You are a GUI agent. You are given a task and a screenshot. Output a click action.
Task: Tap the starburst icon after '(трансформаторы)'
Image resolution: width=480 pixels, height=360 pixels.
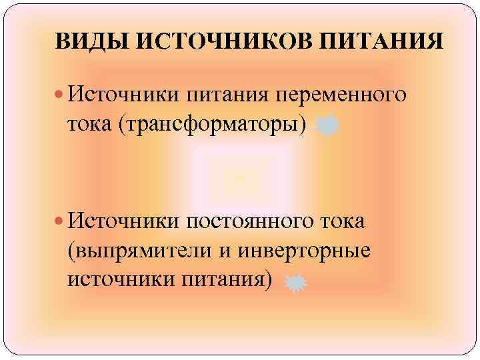(x=327, y=125)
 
